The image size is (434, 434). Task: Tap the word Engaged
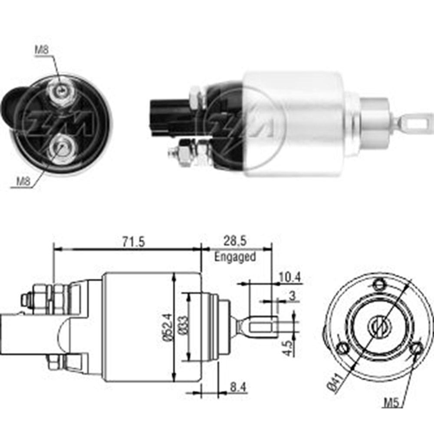click(235, 256)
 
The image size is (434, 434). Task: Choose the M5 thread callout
click(391, 402)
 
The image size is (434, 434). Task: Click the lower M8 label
click(23, 181)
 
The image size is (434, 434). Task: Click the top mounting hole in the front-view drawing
click(380, 285)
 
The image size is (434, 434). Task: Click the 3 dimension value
click(293, 297)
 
